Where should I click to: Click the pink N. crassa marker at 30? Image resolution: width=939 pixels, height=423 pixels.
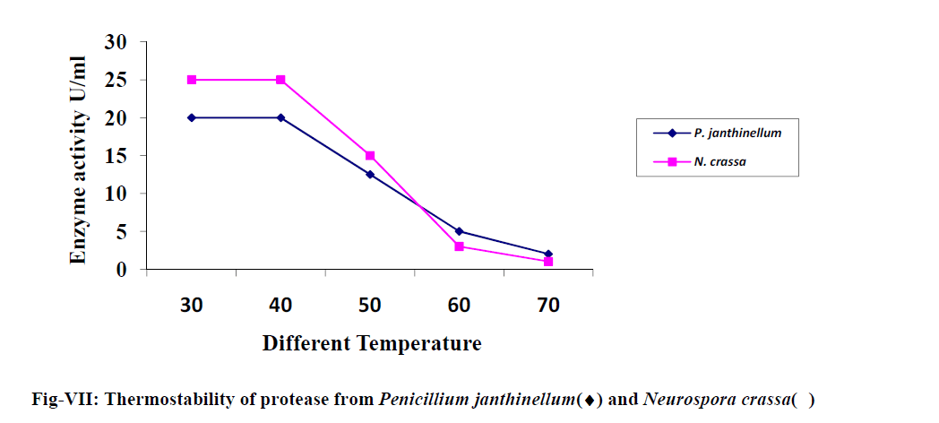[x=191, y=80]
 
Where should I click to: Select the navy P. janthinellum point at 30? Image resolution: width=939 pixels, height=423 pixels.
[x=191, y=117]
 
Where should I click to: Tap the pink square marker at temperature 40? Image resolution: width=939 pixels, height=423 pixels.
[x=280, y=80]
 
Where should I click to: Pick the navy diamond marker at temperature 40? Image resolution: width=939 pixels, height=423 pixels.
[x=280, y=117]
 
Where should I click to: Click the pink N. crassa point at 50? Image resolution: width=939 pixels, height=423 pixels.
[x=369, y=156]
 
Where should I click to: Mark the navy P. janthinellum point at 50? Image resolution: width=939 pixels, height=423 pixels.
[x=369, y=175]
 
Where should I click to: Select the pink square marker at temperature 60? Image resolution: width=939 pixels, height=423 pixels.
[x=459, y=246]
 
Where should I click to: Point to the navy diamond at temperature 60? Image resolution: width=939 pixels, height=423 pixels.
[x=459, y=231]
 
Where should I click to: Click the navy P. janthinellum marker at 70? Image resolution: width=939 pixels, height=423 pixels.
[x=548, y=255]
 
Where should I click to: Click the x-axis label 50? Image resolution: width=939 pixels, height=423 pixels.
[x=369, y=306]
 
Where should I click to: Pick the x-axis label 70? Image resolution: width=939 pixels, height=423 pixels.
[x=548, y=306]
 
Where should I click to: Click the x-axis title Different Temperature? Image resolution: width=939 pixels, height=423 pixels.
[x=372, y=343]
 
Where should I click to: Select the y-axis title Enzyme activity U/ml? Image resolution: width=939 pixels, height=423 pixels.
[x=79, y=160]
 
